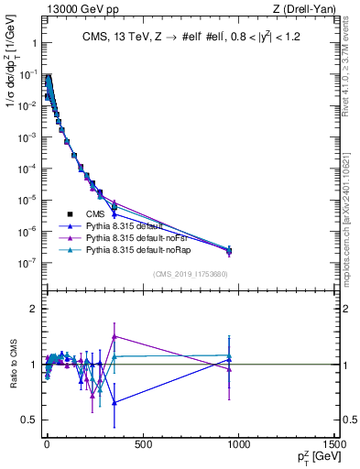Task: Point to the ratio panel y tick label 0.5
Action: pos(27,420)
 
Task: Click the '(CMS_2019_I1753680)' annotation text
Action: pos(191,274)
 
